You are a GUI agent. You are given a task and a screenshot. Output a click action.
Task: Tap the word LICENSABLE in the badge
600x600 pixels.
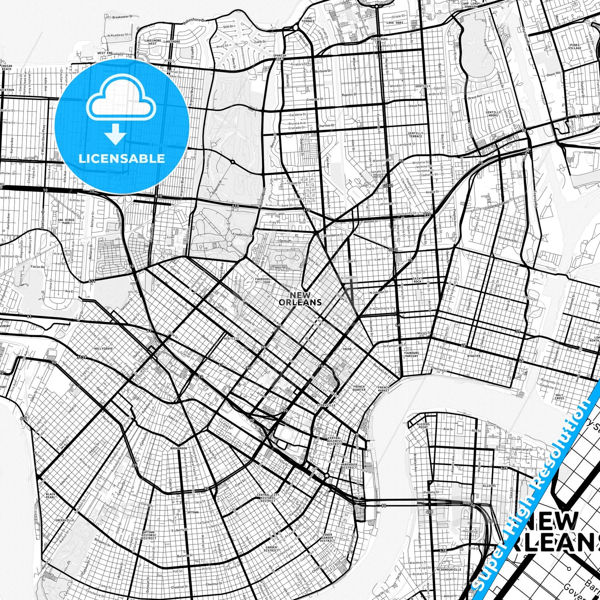122,158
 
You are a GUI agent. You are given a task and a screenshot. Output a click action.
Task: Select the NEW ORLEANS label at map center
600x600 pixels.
300,299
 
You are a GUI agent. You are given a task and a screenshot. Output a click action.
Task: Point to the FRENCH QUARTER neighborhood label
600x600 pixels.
359,388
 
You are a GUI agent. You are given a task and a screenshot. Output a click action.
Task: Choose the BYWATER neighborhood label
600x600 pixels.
473,356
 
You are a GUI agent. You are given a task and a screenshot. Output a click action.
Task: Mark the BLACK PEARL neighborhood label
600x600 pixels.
51,495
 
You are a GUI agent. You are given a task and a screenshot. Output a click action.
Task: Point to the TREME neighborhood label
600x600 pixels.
347,349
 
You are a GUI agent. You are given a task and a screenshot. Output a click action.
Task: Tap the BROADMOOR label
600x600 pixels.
179,448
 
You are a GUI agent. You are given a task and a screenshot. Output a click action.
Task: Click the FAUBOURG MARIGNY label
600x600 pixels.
411,354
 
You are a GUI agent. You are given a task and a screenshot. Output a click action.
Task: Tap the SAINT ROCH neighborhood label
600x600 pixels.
417,280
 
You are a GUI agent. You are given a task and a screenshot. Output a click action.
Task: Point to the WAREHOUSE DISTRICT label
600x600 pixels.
349,466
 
